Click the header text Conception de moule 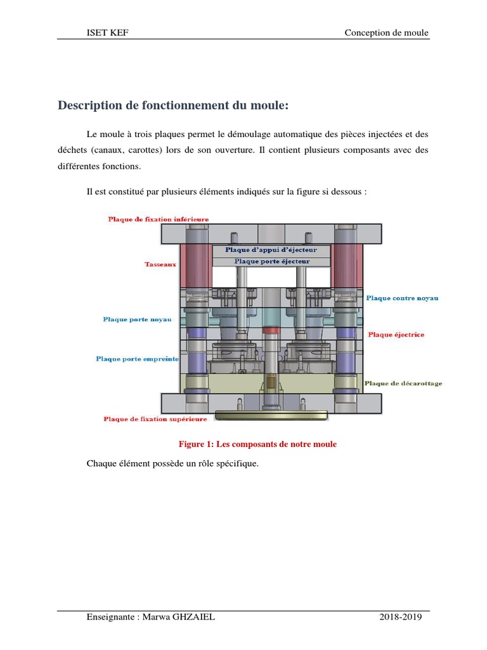(x=386, y=33)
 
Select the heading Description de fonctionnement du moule (x=173, y=105)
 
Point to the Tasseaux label (x=160, y=264)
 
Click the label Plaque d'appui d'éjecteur (x=271, y=250)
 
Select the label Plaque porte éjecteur (x=271, y=261)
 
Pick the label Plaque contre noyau (x=402, y=298)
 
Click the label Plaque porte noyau (x=137, y=319)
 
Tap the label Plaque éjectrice (x=396, y=335)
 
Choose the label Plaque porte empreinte (x=137, y=359)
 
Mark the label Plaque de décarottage (x=403, y=383)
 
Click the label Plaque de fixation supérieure (x=155, y=419)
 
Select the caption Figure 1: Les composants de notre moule (x=257, y=444)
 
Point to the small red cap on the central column (x=271, y=331)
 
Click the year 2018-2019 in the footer (x=401, y=617)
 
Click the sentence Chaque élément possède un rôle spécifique (x=172, y=463)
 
